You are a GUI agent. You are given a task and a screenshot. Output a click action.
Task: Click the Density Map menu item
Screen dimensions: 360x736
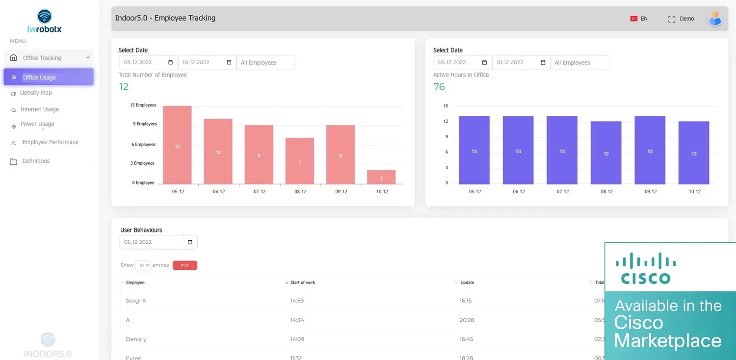36,93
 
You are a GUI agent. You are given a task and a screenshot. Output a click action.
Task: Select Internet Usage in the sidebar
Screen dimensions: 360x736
39,109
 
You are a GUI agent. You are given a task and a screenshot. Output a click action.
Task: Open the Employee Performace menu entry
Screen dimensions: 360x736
50,142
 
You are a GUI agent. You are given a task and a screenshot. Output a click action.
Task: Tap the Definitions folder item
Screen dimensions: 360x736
36,161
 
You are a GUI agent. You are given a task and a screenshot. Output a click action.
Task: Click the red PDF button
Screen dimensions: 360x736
185,265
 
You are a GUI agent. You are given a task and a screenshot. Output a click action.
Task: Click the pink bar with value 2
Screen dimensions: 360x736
381,177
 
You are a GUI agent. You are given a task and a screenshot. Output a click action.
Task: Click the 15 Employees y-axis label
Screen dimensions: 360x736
143,105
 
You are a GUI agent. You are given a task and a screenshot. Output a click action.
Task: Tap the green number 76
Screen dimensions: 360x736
439,87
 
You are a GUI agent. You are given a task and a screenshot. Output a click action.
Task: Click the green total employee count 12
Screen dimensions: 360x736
124,87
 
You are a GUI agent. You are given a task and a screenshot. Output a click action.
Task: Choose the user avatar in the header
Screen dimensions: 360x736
715,19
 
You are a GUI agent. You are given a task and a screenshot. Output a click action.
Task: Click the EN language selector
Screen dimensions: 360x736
639,19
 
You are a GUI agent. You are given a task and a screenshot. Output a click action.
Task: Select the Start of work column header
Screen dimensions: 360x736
303,283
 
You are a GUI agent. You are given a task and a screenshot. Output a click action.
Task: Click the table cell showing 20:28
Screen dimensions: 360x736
467,320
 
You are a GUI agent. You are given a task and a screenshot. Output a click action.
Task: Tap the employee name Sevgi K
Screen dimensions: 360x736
136,301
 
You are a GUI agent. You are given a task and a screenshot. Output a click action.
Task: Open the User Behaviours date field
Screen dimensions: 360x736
158,242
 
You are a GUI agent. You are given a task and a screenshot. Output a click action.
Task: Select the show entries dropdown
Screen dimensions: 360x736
143,265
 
